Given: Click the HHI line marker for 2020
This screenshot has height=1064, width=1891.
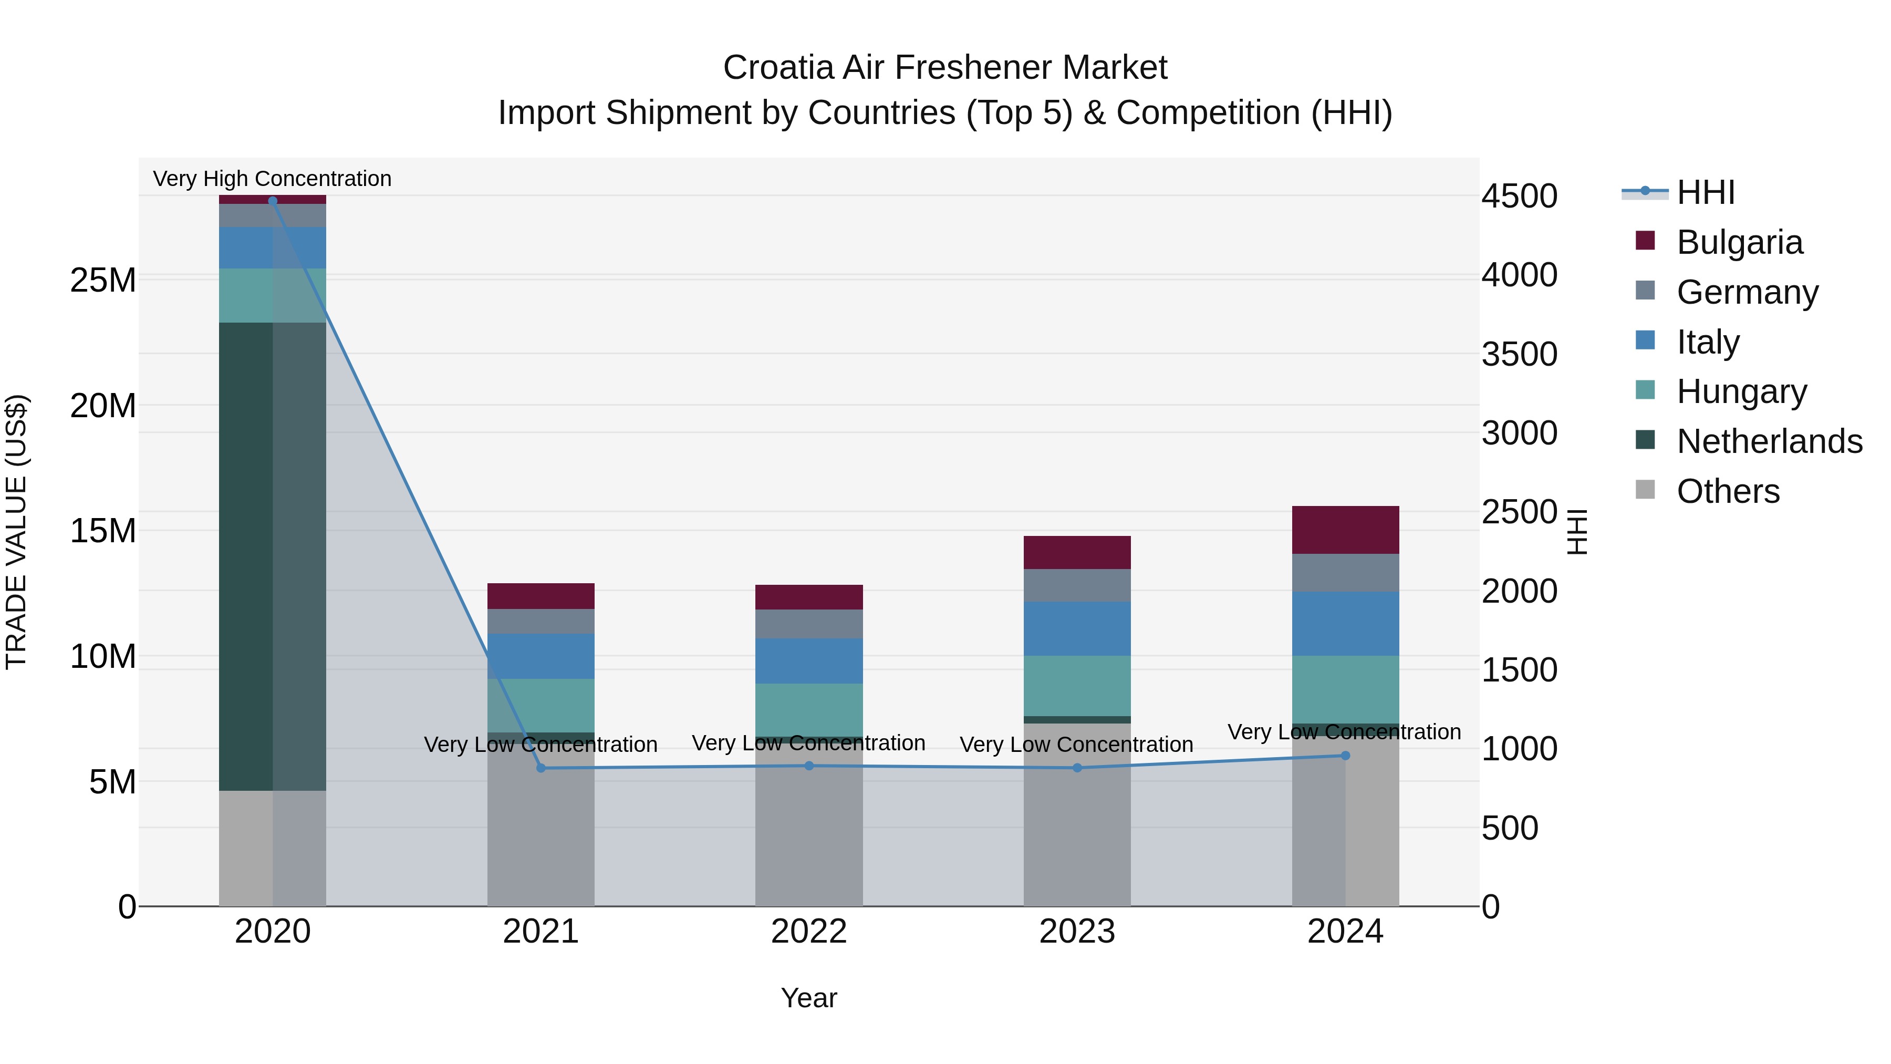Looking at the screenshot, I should click(272, 201).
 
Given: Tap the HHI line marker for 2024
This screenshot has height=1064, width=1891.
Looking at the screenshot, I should click(1345, 756).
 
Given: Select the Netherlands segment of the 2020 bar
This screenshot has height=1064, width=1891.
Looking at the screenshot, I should click(272, 556).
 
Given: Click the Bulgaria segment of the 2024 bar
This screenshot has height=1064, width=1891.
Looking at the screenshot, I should click(1345, 530).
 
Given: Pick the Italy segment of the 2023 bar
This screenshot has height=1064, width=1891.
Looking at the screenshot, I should click(1077, 628).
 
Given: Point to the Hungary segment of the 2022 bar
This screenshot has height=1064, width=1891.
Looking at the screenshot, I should click(809, 709).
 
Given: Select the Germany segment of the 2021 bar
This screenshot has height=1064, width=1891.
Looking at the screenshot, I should click(541, 621).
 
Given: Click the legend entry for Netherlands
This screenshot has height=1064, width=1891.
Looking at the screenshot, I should click(1769, 441).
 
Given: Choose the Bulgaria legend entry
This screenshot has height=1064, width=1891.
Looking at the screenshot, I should click(1739, 242).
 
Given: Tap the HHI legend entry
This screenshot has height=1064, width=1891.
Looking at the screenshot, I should click(1705, 192).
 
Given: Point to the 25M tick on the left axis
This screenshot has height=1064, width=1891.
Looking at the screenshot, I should click(103, 281).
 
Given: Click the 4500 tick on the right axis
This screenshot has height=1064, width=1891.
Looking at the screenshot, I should click(1519, 196).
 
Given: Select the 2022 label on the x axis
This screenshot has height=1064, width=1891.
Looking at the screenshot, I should click(809, 932).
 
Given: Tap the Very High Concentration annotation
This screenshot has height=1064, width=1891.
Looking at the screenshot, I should click(272, 179).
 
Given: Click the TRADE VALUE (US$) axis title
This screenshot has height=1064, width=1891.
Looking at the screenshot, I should click(16, 532).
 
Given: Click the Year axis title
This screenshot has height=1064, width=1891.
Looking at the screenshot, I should click(809, 998).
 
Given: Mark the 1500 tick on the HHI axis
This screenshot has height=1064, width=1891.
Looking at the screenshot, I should click(1519, 670).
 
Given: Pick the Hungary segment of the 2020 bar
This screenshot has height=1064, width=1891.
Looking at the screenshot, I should click(272, 295).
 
